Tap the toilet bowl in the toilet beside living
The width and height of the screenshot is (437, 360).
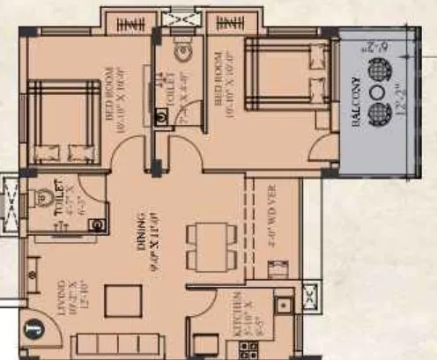41,199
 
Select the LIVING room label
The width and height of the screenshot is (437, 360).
63,299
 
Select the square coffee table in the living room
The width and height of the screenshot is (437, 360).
122,301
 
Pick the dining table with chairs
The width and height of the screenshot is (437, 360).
205,235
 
